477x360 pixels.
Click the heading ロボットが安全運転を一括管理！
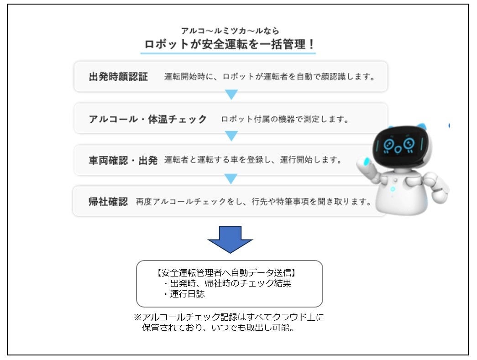click(228, 45)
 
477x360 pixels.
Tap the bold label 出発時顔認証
click(118, 77)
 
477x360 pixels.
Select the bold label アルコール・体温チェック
click(147, 119)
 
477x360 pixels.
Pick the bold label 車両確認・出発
click(123, 161)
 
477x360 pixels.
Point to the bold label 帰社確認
click(108, 202)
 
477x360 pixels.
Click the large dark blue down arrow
click(230, 239)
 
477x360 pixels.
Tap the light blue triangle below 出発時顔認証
click(231, 94)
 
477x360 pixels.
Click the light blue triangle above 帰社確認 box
click(231, 178)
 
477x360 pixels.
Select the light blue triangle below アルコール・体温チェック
click(231, 136)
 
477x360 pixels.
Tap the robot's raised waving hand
click(363, 161)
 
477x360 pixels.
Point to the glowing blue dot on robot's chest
click(392, 188)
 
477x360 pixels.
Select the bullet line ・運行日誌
click(184, 295)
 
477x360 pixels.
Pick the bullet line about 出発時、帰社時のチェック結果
click(227, 284)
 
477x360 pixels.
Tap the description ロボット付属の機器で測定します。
click(285, 120)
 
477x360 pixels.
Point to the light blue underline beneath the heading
click(228, 53)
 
